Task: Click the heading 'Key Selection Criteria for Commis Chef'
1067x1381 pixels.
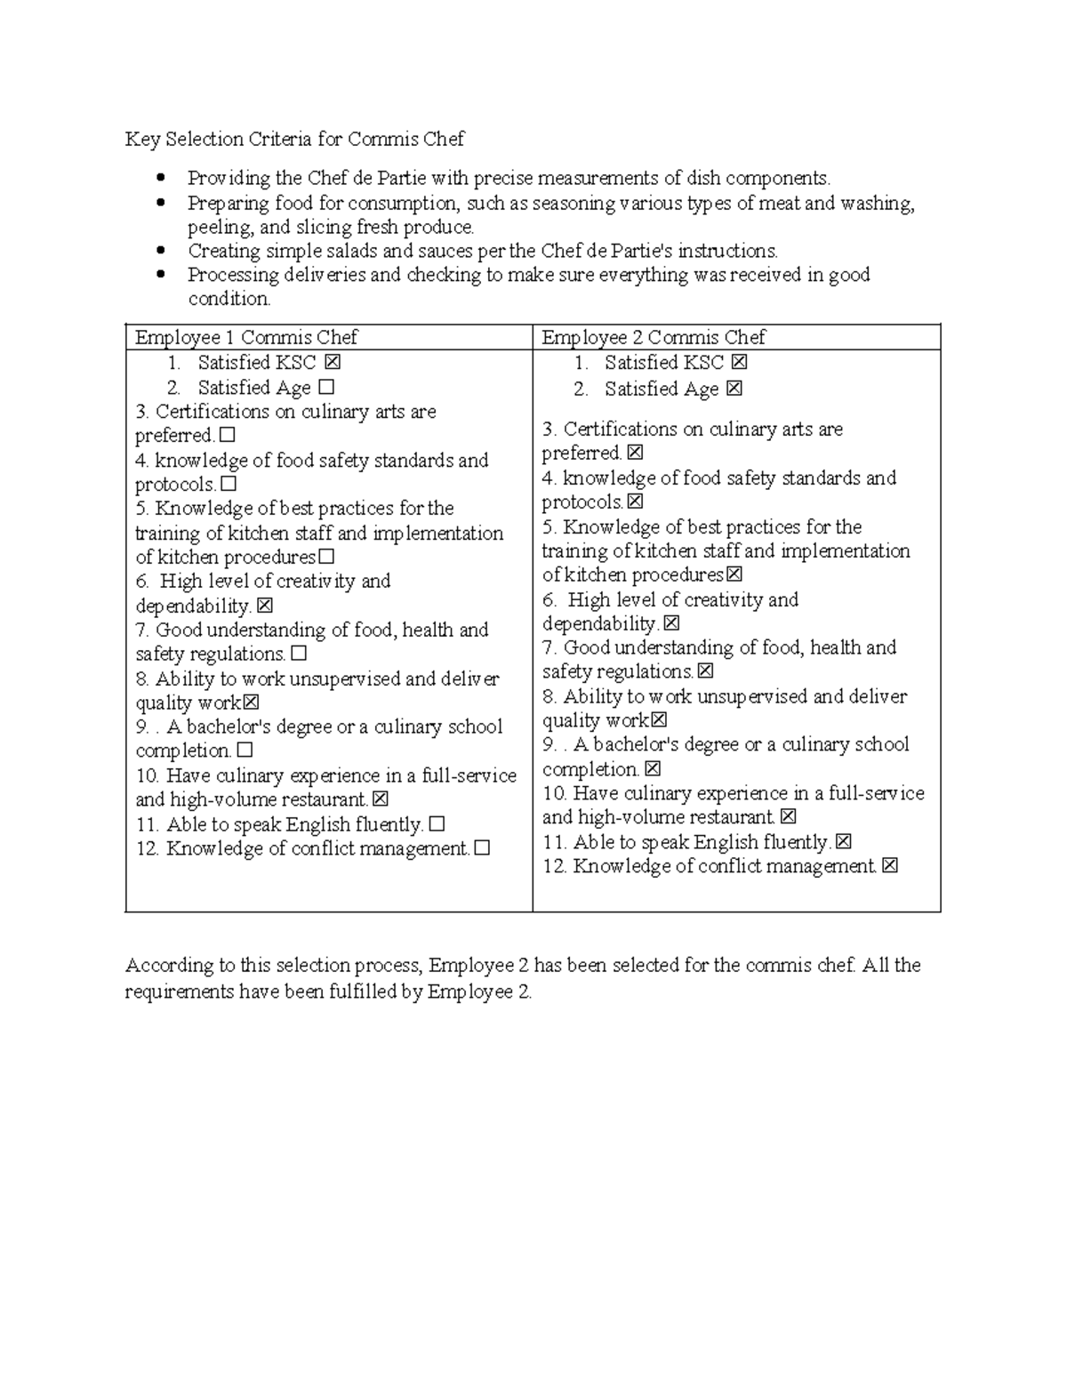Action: tap(294, 140)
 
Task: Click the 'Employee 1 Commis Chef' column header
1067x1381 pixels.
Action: tap(245, 338)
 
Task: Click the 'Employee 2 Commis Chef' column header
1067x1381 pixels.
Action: tap(653, 338)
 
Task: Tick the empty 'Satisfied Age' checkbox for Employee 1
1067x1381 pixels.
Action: tap(326, 388)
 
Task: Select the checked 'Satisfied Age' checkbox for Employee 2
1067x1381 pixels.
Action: tap(734, 389)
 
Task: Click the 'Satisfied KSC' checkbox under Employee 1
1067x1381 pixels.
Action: tap(333, 363)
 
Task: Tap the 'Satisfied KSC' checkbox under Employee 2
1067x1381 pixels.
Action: tap(739, 363)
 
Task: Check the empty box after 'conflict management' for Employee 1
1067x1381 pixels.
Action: tap(482, 849)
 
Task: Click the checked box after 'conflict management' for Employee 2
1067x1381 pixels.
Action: tap(890, 866)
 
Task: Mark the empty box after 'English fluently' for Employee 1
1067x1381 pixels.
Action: tap(437, 824)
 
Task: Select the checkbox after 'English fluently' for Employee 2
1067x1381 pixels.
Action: tap(844, 841)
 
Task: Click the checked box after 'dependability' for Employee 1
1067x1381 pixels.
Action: tap(265, 606)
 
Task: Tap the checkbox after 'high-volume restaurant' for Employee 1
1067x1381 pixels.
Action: tap(381, 800)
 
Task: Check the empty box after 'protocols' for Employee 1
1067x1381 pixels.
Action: tap(229, 485)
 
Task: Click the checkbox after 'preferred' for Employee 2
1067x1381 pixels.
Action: tap(634, 454)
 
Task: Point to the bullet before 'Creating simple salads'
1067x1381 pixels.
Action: tap(161, 251)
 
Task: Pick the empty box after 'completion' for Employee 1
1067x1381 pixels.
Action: tap(245, 751)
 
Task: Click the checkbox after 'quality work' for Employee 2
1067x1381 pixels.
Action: tap(659, 721)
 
